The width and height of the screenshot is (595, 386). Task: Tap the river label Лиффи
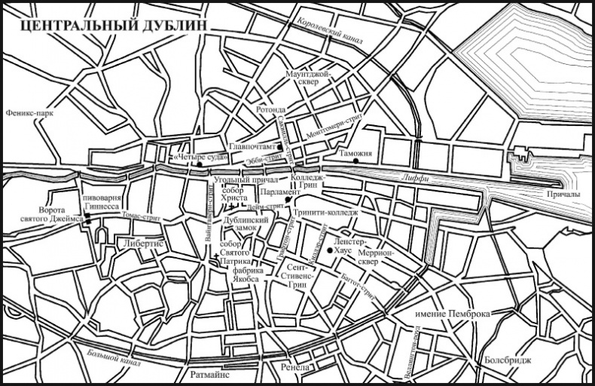[415, 178]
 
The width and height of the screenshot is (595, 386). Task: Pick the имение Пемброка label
[453, 313]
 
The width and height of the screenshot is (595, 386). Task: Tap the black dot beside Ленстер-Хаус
[330, 250]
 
